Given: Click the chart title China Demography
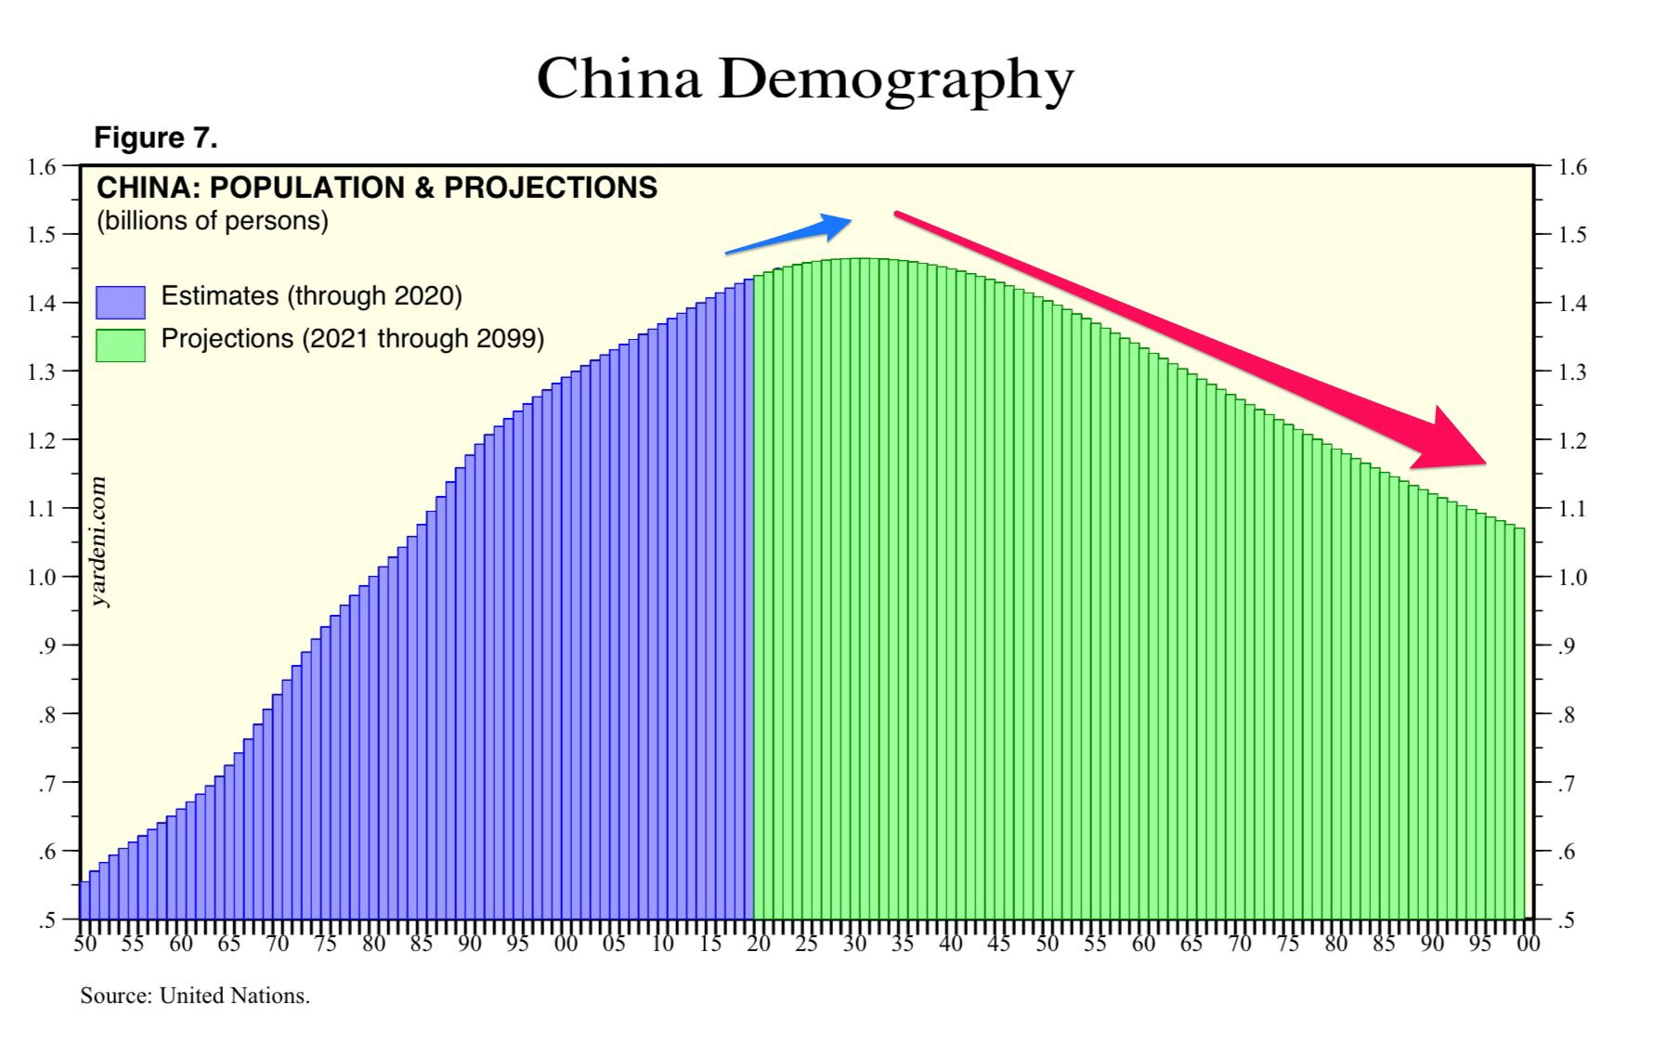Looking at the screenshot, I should tap(804, 79).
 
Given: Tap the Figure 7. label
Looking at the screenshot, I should tap(155, 138).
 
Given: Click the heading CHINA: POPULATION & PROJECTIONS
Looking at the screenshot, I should tap(376, 189).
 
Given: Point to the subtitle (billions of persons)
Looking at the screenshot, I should tap(213, 222).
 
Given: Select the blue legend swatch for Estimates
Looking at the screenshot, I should tap(120, 302).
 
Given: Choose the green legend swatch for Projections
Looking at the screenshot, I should tap(120, 345).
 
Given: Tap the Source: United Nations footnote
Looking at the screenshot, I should tap(195, 996).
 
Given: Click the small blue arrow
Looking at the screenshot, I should tap(788, 233).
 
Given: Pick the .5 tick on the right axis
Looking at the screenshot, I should tap(1567, 920).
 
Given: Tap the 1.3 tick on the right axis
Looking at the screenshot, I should tap(1572, 372).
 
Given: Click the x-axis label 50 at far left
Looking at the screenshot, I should tap(85, 946).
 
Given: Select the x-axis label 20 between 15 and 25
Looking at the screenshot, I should tap(759, 946).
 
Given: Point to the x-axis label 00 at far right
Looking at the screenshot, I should tap(1528, 946).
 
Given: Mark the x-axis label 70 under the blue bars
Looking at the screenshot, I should tap(277, 946).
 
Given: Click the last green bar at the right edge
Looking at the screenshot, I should tap(1520, 724).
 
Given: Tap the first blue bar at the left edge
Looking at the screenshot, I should tap(85, 900).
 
